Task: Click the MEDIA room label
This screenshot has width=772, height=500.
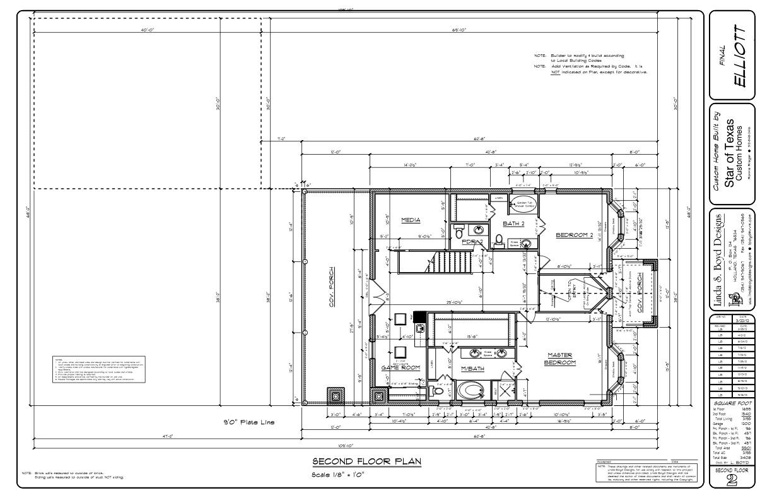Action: pos(411,220)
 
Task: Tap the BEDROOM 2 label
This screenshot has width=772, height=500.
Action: pos(575,235)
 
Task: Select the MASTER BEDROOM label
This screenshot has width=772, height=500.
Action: pos(560,359)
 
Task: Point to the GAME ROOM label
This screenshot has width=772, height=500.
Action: pos(401,367)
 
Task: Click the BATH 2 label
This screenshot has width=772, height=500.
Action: pos(515,223)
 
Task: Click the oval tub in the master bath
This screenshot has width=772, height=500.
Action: pos(471,390)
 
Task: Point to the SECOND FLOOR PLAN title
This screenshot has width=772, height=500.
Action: pos(367,461)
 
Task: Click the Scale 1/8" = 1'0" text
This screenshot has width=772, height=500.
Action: pos(338,475)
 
